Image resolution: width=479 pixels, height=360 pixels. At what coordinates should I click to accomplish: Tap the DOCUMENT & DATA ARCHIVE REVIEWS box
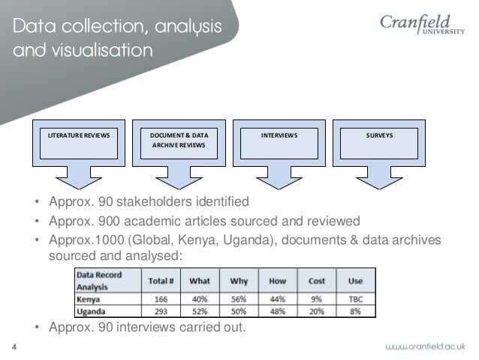pos(179,141)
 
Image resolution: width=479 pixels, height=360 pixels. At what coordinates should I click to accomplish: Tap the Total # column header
pos(161,281)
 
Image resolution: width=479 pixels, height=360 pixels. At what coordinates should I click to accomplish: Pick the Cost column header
pos(317,281)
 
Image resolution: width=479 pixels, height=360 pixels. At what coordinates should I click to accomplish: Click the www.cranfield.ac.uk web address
pos(426,346)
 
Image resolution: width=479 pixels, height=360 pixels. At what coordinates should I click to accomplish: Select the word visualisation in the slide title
pos(105,52)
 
